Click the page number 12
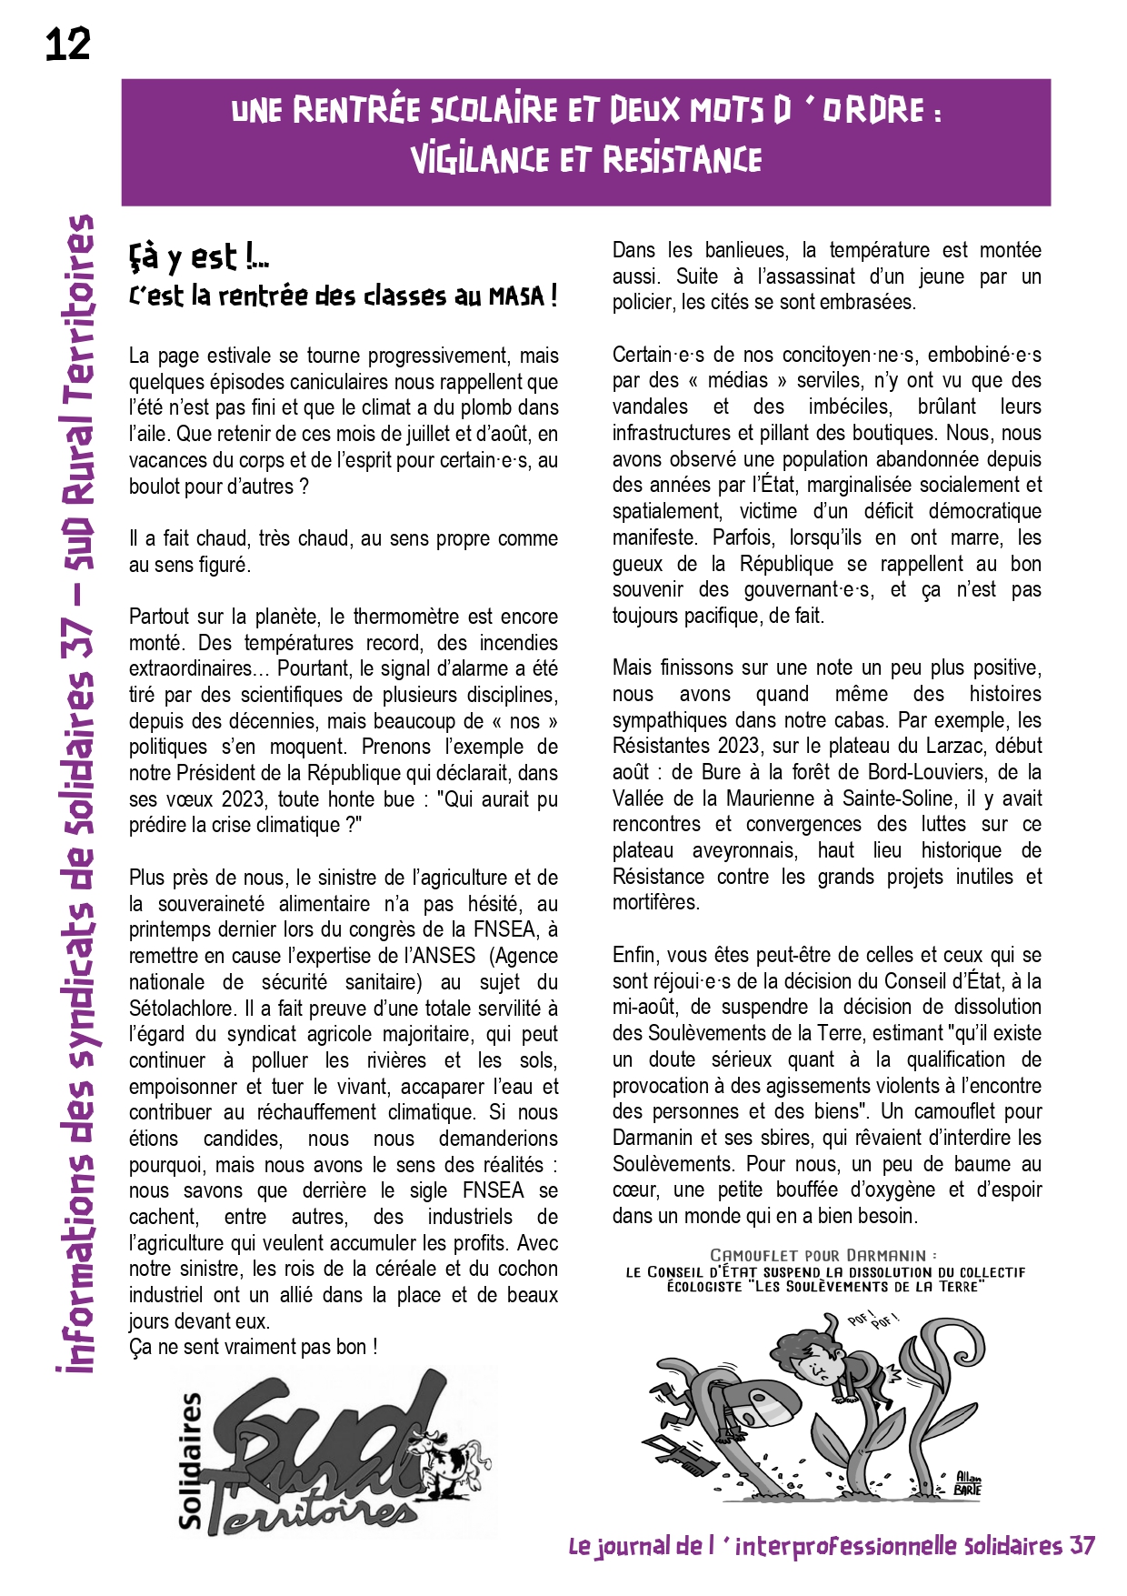tap(68, 44)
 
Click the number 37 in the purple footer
tap(1082, 1546)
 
